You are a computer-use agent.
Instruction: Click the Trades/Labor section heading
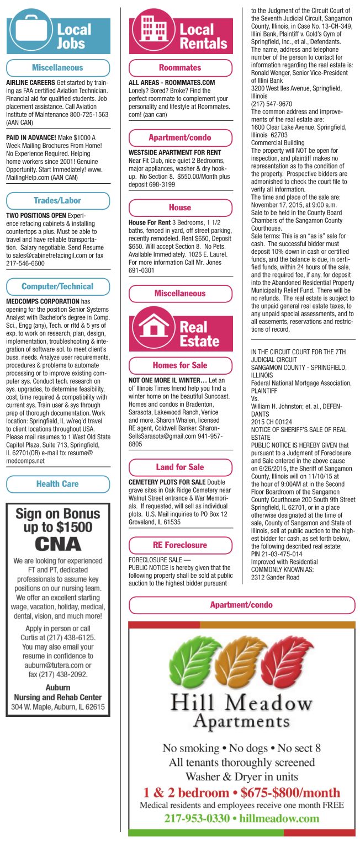[x=57, y=200]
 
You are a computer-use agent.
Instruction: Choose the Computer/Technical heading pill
[x=57, y=286]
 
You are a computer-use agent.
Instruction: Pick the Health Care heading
[x=57, y=484]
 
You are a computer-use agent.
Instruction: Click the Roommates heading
[x=180, y=68]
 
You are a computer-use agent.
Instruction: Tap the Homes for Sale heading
[x=180, y=365]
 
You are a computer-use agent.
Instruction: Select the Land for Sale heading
[x=180, y=467]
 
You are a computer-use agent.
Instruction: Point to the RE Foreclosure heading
[x=180, y=545]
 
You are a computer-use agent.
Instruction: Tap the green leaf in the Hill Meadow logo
[x=192, y=662]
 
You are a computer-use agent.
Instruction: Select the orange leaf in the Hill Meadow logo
[x=240, y=662]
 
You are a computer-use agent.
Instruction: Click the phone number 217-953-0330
[x=199, y=818]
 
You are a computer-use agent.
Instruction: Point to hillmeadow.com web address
[x=279, y=818]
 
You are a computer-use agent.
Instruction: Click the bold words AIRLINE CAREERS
[x=30, y=83]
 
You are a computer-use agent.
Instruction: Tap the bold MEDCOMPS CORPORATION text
[x=43, y=302]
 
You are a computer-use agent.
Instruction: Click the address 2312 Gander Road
[x=275, y=577]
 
